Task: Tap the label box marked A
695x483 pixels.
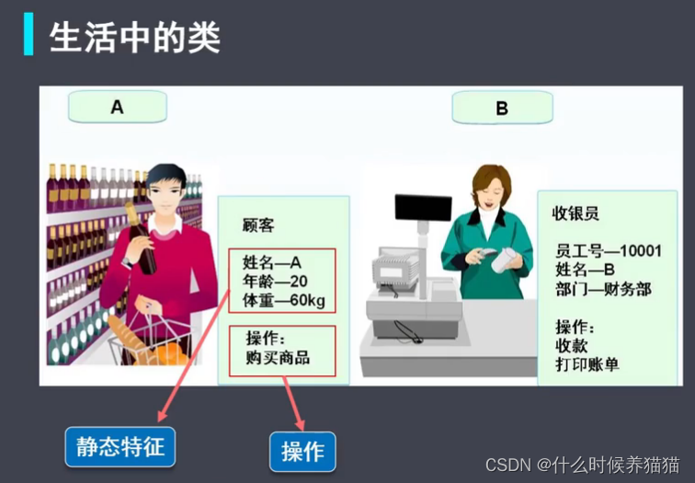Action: click(x=117, y=107)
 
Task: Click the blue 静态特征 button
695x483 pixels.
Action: click(x=120, y=447)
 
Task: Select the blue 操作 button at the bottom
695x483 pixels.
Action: click(x=302, y=452)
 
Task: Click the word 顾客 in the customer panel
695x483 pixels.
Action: click(x=257, y=224)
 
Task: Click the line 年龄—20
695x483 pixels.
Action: click(x=275, y=282)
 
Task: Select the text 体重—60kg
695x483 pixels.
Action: click(x=283, y=301)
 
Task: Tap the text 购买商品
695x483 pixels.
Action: click(x=277, y=357)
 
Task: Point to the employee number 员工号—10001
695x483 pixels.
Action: click(x=609, y=250)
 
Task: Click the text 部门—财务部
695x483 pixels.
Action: click(x=603, y=289)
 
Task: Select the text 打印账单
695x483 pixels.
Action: click(x=587, y=364)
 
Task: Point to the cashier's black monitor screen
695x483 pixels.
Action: click(x=423, y=208)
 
